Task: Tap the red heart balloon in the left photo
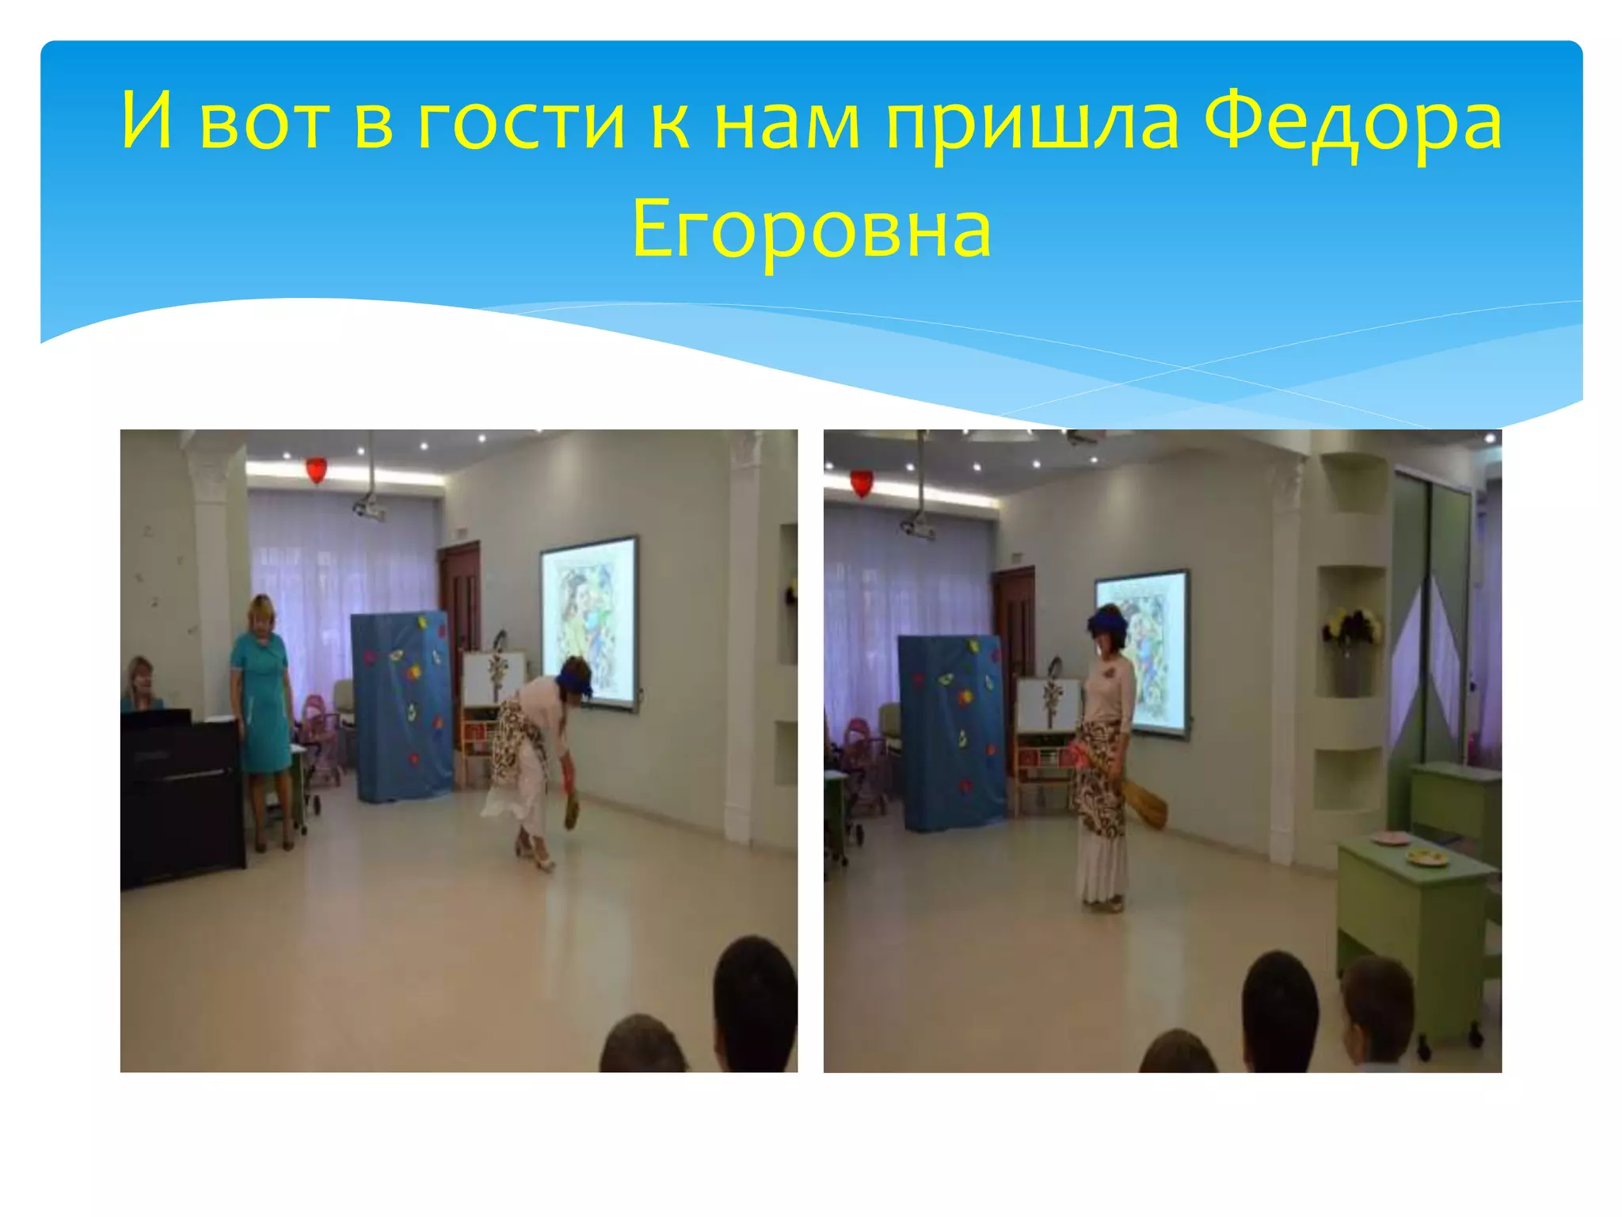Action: pyautogui.click(x=316, y=471)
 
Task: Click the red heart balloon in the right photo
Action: pyautogui.click(x=861, y=483)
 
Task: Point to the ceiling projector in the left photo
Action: pyautogui.click(x=369, y=509)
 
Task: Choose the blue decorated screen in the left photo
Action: pyautogui.click(x=401, y=705)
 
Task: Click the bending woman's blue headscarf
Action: pyautogui.click(x=574, y=677)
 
